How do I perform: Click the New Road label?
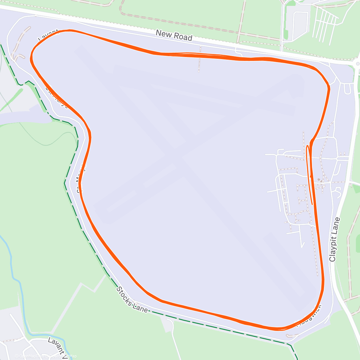coord(174,35)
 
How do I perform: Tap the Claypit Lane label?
coord(335,239)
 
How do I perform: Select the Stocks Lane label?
coord(132,299)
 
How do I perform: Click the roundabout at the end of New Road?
coord(357,64)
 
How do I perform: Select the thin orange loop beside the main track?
coord(309,174)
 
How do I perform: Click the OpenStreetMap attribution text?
coord(63,356)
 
